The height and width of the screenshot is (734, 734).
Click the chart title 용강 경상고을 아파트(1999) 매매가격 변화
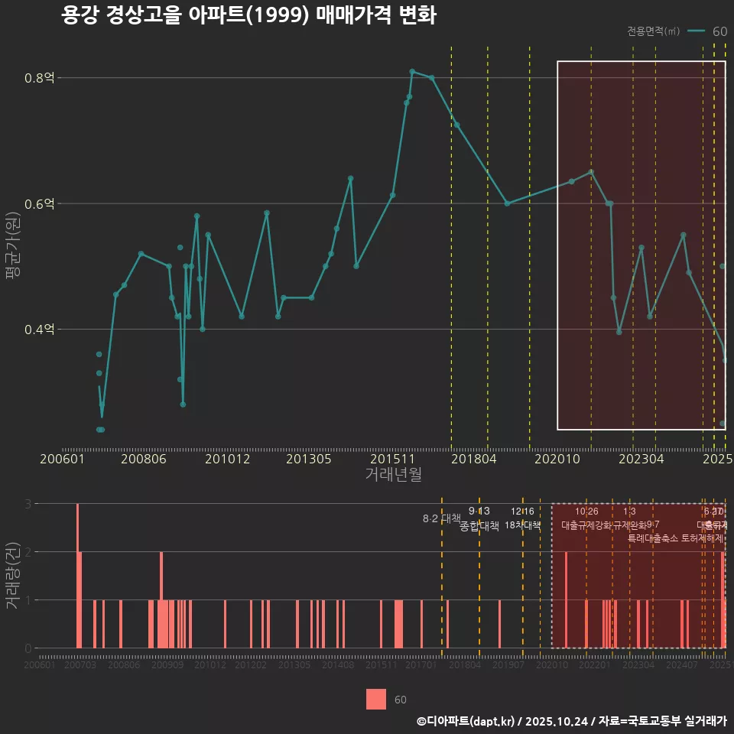(248, 15)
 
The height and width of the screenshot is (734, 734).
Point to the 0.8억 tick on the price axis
(41, 78)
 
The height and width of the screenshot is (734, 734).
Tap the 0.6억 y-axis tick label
(41, 204)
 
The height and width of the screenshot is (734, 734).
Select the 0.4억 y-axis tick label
(41, 330)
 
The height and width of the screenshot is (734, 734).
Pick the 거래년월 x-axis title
(393, 475)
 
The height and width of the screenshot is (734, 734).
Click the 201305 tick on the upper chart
(309, 460)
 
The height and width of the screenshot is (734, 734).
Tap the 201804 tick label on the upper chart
(474, 460)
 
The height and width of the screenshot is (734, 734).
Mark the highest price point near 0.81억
(412, 71)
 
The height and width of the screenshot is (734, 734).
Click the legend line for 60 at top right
(696, 31)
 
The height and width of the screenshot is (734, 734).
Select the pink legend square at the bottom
(376, 700)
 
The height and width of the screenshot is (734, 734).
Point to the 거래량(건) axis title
(12, 576)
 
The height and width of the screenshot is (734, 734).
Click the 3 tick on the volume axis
(28, 504)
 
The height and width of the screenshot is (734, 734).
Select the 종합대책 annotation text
(479, 526)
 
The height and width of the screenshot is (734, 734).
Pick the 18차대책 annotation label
(523, 525)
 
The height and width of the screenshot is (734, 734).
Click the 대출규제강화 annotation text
(586, 526)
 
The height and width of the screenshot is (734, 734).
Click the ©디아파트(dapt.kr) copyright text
(466, 721)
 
